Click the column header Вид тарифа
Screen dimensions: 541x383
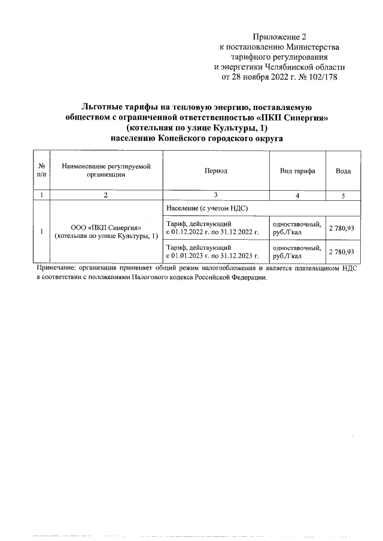(297, 170)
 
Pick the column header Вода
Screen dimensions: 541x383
(343, 170)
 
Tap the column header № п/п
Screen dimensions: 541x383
(41, 170)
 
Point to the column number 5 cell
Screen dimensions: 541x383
(343, 195)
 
